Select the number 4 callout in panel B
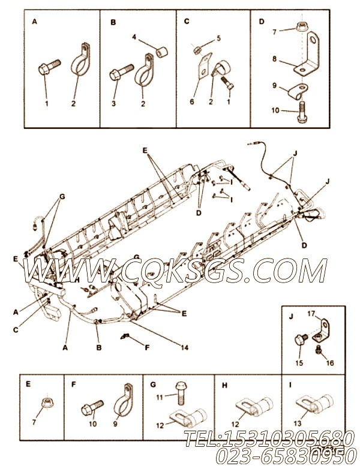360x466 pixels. pos(135,38)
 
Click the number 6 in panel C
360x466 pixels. pos(192,102)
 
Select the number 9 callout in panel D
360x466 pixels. pos(275,86)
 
